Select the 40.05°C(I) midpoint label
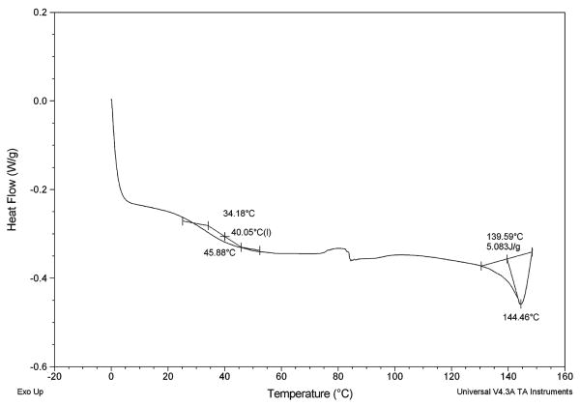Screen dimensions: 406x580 click(x=250, y=232)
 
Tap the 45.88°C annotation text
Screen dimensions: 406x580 click(x=219, y=253)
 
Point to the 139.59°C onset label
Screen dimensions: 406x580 click(x=505, y=236)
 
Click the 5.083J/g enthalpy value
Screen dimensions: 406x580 click(x=505, y=247)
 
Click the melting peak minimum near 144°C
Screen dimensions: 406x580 click(x=520, y=305)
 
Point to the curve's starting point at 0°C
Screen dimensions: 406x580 click(x=112, y=100)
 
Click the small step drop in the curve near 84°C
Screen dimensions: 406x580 click(x=351, y=257)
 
